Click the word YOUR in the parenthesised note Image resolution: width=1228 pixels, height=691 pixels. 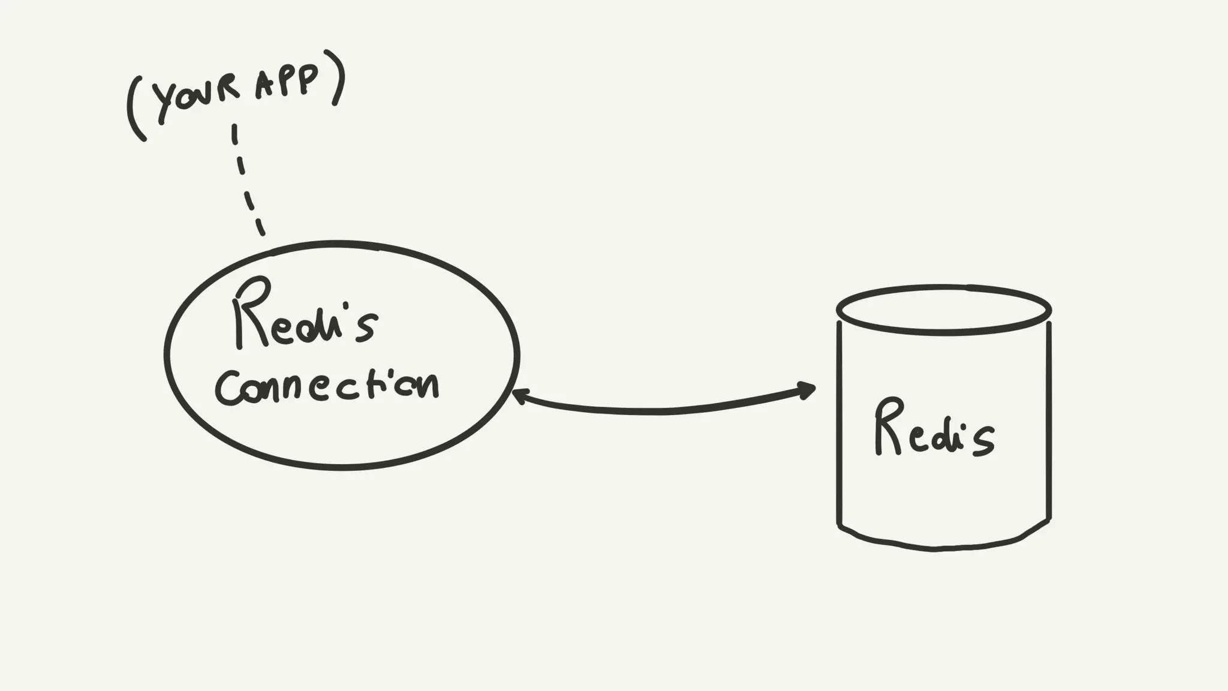[195, 100]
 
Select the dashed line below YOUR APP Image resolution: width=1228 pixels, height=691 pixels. [246, 180]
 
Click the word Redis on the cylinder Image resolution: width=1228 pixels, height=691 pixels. [933, 431]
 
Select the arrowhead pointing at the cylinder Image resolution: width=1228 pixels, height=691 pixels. [807, 390]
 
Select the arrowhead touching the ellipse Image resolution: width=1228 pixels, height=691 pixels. [519, 396]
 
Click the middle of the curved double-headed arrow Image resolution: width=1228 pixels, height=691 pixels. [660, 411]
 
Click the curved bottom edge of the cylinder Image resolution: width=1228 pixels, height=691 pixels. [935, 547]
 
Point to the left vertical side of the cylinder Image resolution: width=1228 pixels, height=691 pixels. [839, 420]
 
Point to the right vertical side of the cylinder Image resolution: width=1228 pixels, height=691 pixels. [1049, 420]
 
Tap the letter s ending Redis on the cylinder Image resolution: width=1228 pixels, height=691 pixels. [981, 441]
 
